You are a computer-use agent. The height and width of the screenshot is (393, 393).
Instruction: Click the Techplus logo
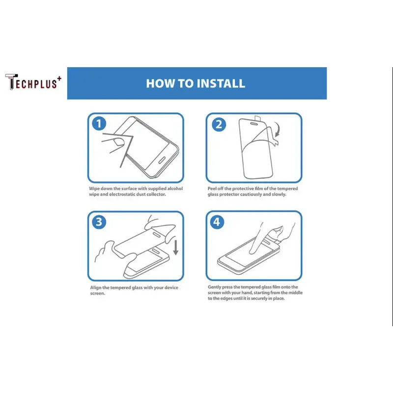click(33, 82)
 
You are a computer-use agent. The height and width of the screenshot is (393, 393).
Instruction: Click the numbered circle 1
click(99, 124)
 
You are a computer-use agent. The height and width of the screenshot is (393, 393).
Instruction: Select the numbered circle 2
click(219, 125)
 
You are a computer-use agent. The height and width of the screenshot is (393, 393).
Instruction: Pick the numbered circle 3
click(99, 222)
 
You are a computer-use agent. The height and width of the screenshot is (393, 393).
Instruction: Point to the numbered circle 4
click(217, 222)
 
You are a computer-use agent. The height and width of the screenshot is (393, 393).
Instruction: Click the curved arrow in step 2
click(277, 129)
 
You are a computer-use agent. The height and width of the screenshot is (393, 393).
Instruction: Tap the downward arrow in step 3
click(176, 248)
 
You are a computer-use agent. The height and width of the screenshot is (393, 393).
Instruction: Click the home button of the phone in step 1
click(162, 161)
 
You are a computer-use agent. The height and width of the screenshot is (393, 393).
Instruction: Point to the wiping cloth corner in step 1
click(133, 137)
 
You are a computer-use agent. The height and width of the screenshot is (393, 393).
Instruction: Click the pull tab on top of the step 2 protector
click(257, 118)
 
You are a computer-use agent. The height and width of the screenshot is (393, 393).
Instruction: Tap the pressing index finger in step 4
click(255, 239)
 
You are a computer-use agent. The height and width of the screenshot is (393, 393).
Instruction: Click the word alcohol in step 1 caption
click(175, 189)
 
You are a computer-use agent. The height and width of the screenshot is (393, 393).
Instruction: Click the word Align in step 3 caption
click(96, 287)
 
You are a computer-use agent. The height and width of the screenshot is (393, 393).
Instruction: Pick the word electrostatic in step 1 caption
click(122, 194)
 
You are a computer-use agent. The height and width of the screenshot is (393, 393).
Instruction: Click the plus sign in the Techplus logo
click(59, 79)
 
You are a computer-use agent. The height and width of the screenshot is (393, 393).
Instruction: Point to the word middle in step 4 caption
click(296, 292)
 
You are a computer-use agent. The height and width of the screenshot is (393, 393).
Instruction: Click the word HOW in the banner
click(157, 84)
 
